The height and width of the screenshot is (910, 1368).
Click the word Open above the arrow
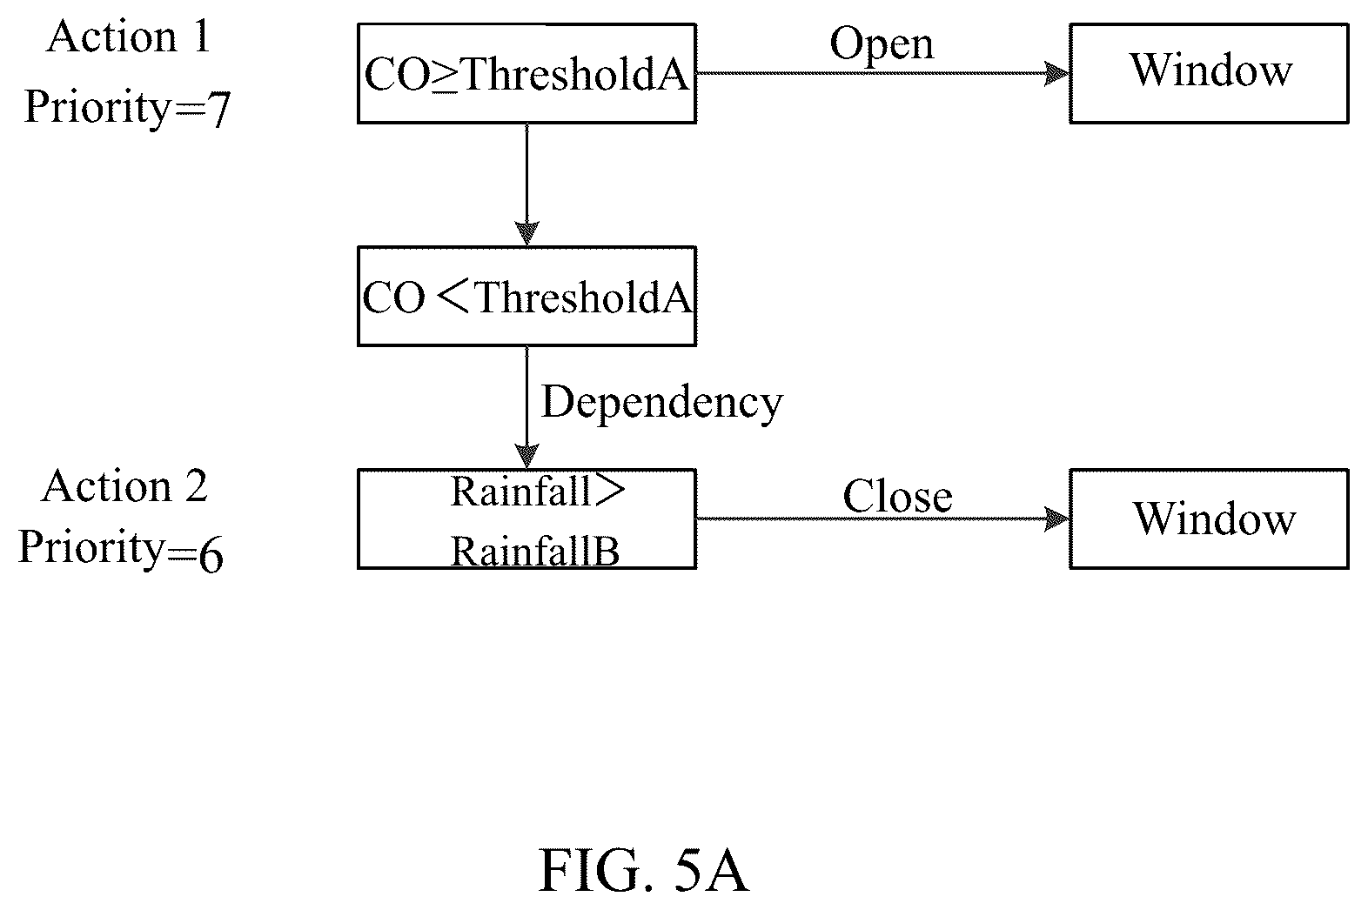882,45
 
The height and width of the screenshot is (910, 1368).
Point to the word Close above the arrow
898,495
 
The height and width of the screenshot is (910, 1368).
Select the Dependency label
662,404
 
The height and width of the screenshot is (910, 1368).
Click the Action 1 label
128,36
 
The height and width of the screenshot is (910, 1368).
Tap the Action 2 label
124,486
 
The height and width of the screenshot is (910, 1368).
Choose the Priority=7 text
127,108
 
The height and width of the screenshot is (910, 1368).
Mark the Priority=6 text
121,550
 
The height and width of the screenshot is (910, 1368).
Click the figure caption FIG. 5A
644,871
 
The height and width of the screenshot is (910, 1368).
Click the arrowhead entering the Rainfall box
526,456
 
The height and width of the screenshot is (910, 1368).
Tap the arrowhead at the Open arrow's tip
1056,73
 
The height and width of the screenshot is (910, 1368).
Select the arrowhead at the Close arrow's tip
1056,519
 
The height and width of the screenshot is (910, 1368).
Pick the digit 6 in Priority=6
211,554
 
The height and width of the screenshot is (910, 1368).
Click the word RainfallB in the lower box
535,551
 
